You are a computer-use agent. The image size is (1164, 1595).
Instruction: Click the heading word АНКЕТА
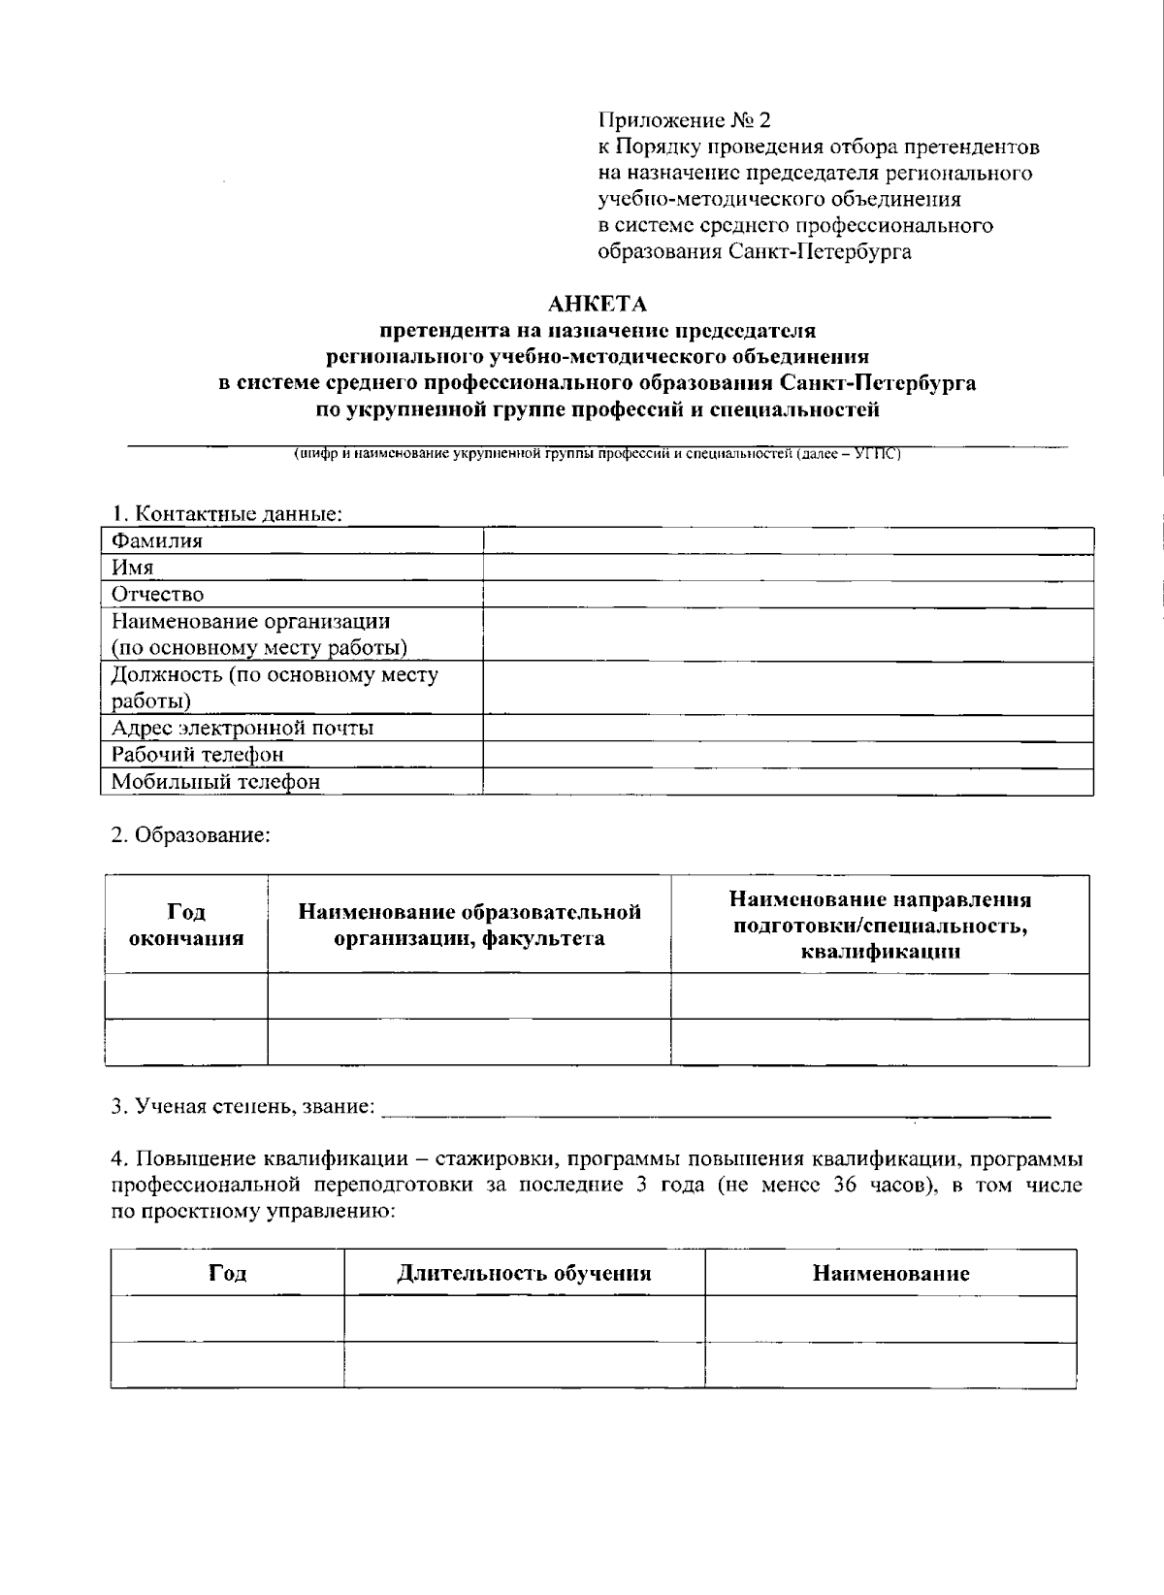598,305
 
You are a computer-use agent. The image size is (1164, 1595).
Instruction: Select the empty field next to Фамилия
788,541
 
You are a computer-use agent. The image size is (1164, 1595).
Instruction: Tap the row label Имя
133,568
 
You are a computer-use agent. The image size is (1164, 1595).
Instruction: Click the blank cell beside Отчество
788,594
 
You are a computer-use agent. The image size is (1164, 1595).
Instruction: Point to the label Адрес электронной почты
242,728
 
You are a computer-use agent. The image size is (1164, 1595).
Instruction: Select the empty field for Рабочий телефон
788,754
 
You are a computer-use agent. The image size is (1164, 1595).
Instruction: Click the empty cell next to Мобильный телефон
788,781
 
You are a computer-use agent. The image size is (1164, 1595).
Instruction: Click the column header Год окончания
186,925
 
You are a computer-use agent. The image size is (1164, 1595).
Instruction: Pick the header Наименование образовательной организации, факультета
469,925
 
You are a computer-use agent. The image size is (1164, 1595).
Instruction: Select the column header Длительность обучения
524,1273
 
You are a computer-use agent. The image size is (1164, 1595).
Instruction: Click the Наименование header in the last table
890,1273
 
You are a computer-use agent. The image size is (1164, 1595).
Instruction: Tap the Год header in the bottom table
227,1273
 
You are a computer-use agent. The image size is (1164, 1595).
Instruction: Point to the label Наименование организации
251,621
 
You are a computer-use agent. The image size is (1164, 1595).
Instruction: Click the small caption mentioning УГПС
598,453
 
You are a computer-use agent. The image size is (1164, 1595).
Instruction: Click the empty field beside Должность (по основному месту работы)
788,688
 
